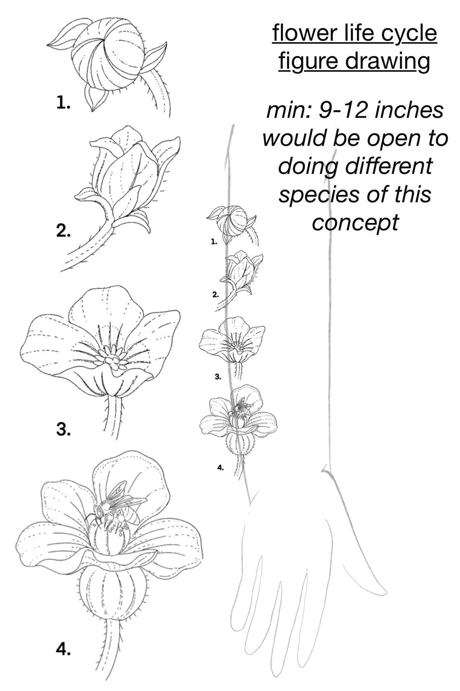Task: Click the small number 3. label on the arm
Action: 218,377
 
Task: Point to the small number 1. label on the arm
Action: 214,241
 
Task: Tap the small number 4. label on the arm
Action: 220,467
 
